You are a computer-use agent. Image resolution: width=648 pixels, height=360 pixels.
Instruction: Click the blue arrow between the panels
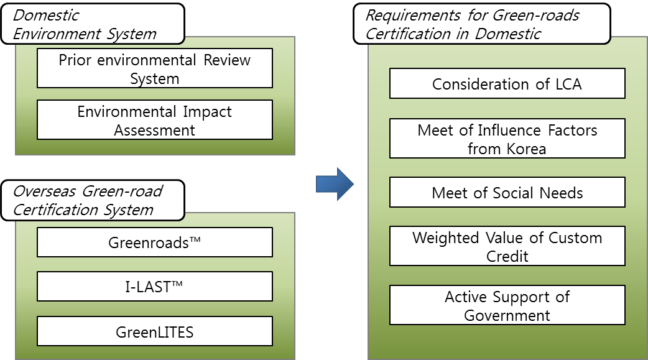(335, 184)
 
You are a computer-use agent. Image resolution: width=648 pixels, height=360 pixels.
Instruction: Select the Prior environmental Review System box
(155, 68)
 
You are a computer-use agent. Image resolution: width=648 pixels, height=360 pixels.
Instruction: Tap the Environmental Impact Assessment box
(155, 120)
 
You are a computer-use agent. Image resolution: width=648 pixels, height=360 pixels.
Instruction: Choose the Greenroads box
(155, 242)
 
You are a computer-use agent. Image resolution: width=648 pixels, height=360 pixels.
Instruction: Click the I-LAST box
(155, 287)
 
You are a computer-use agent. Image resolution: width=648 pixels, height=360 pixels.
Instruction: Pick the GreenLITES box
(155, 331)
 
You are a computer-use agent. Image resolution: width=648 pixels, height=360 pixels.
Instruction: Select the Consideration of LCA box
(507, 83)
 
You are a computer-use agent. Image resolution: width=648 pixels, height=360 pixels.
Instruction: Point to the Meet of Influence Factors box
(507, 139)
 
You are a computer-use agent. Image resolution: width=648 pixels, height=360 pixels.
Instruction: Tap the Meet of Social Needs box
(507, 192)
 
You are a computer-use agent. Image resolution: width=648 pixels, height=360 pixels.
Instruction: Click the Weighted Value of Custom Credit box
(507, 246)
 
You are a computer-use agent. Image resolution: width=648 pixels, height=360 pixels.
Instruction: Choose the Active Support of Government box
(507, 305)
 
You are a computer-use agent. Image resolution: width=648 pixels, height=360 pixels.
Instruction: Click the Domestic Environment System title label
(93, 24)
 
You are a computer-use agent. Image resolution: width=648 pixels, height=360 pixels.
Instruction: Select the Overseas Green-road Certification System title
(93, 200)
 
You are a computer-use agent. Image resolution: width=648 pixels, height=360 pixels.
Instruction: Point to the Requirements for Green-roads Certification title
(482, 24)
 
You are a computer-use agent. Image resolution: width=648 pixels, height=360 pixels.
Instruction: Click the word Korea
(526, 149)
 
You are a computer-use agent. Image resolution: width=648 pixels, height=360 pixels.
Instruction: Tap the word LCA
(568, 85)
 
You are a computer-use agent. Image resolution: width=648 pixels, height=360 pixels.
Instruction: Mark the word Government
(507, 315)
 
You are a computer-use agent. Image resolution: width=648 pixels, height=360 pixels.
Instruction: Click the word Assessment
(155, 130)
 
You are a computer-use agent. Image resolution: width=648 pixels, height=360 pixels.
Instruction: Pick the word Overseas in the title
(45, 192)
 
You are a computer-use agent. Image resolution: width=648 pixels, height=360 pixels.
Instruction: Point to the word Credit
(507, 256)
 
